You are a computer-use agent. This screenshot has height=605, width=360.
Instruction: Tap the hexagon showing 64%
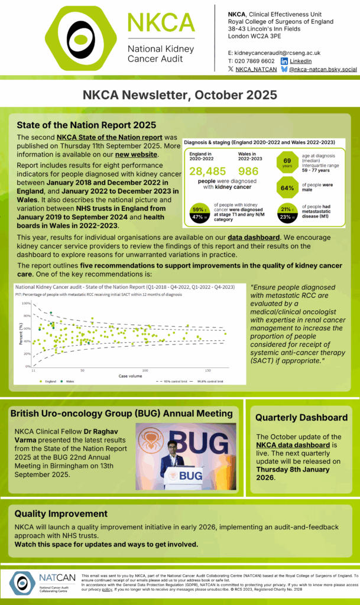point(287,188)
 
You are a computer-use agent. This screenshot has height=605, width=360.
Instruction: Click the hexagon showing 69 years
point(287,162)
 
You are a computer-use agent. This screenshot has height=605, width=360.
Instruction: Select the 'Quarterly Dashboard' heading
point(301,418)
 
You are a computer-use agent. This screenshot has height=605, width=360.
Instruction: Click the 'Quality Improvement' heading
point(61,513)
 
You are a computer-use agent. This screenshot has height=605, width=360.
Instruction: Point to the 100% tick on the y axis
point(27,303)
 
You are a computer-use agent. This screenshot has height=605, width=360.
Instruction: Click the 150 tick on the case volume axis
point(208,370)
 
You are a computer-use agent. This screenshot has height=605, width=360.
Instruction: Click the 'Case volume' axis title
point(130,376)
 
